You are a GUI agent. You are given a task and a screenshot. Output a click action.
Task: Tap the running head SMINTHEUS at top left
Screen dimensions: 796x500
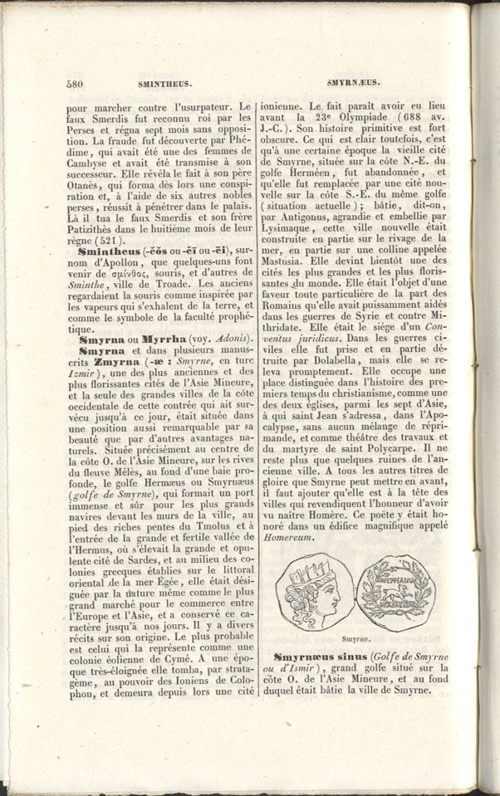coord(159,84)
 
